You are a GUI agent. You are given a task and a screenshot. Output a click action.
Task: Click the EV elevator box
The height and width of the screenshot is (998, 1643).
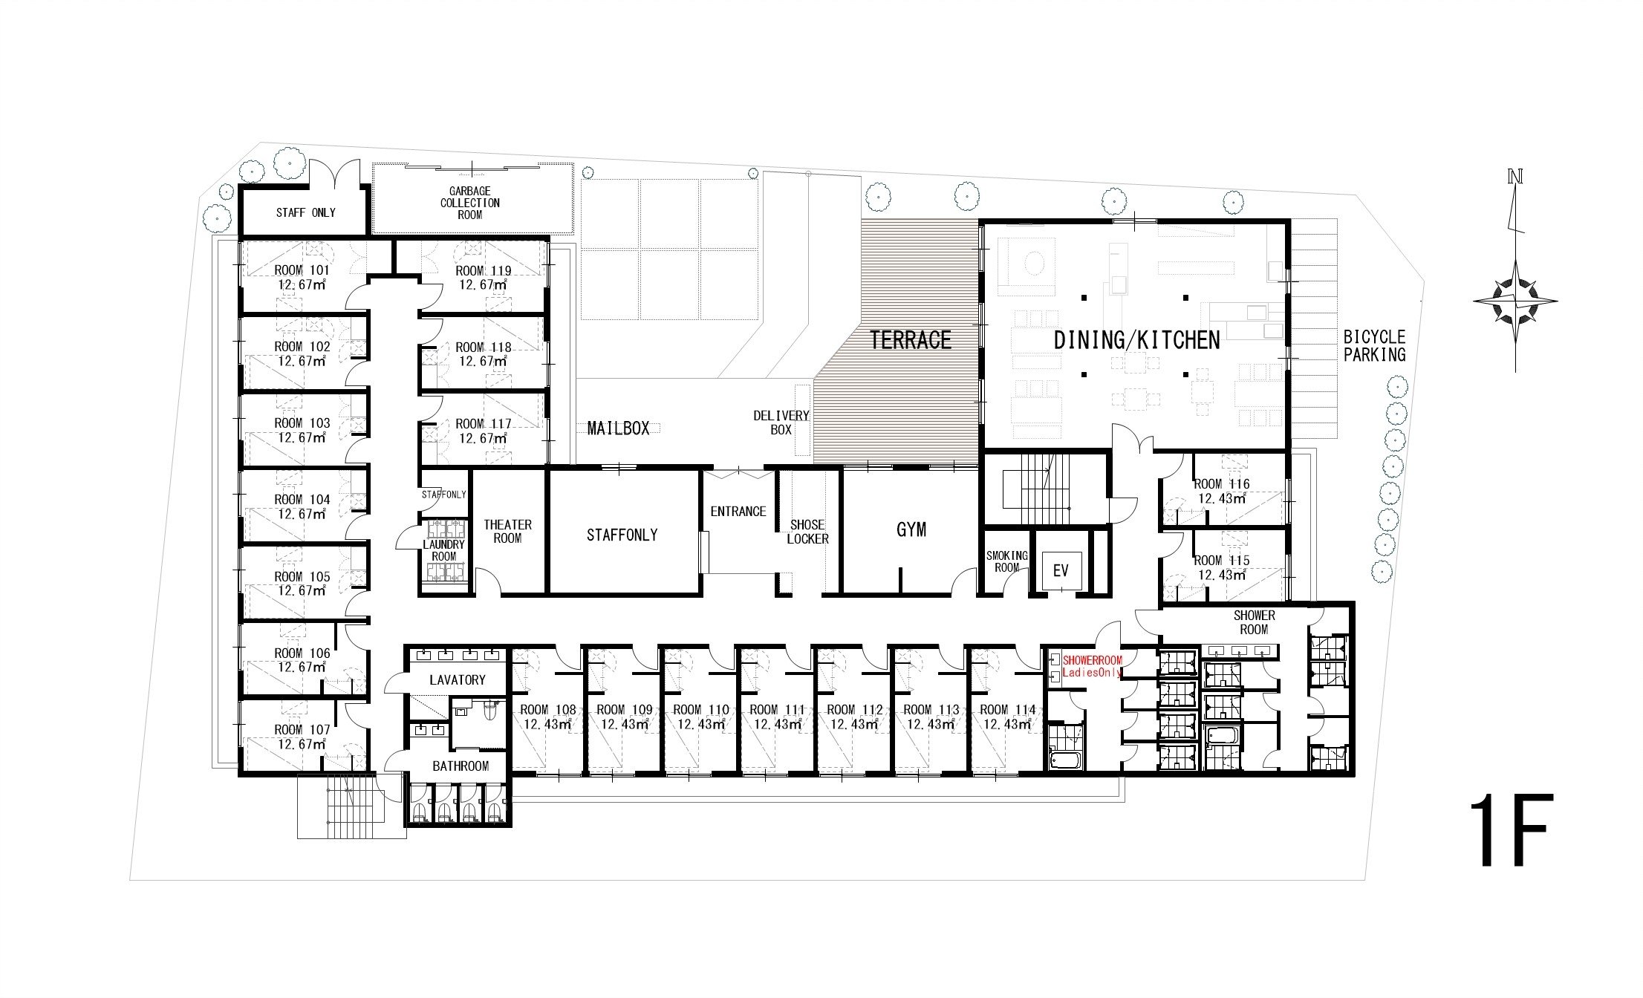click(1061, 570)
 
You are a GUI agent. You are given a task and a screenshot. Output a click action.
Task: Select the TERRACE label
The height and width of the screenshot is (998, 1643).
click(911, 340)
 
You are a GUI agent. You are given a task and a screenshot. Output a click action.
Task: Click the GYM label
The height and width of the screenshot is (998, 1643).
click(911, 529)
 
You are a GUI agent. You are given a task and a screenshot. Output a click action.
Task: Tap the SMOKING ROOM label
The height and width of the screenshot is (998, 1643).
click(1006, 561)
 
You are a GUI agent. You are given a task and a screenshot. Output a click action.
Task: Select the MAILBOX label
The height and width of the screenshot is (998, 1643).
click(618, 428)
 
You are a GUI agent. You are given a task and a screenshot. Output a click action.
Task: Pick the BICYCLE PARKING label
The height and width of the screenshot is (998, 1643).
click(1374, 346)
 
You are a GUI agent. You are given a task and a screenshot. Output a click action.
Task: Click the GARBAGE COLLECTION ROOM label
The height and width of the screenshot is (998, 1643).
click(470, 203)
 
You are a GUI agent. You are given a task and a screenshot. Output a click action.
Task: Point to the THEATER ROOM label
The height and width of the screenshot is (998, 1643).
click(508, 531)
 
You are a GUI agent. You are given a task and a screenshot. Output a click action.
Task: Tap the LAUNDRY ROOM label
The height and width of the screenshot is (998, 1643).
click(444, 550)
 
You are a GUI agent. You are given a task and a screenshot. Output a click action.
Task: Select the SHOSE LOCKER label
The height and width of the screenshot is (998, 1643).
click(807, 532)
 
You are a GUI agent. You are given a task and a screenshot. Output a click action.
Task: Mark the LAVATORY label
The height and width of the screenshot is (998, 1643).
click(458, 679)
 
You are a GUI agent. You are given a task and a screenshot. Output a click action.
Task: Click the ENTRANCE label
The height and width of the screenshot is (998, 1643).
click(738, 512)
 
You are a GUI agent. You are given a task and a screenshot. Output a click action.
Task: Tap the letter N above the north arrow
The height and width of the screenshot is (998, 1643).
click(1515, 177)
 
